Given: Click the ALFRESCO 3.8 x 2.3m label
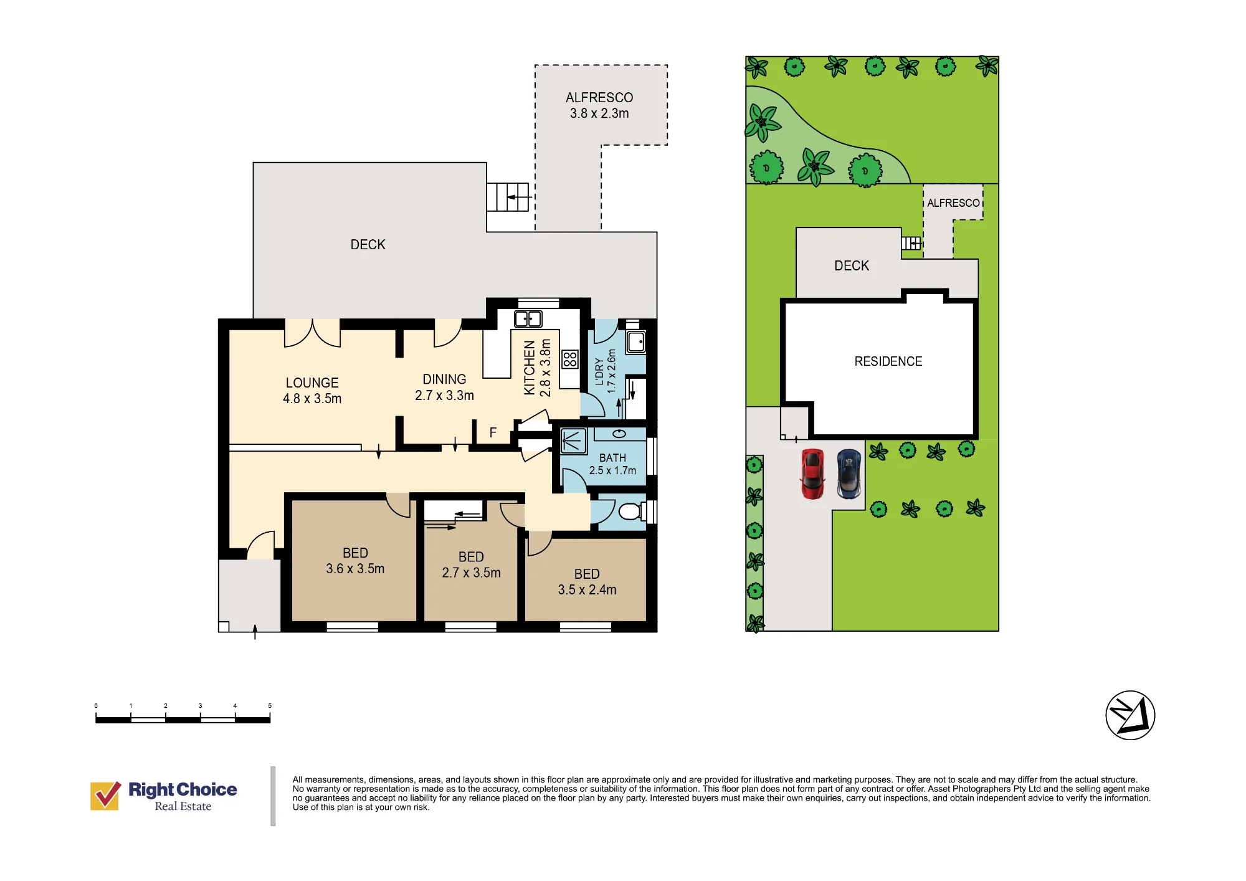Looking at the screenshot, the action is point(599,105).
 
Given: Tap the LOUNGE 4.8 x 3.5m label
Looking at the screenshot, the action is point(312,391).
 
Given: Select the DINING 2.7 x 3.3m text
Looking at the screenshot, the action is point(444,387).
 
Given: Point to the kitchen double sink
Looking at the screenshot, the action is point(528,319).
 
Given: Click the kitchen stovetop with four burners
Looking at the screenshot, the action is point(570,359).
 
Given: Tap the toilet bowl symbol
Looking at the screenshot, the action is point(630,512).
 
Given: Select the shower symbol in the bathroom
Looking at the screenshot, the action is point(573,441).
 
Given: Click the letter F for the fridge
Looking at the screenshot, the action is point(493,432).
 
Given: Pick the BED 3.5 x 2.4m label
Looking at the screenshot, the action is point(587,582).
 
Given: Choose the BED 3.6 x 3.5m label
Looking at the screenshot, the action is point(355,561).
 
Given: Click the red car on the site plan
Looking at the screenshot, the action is point(812,474).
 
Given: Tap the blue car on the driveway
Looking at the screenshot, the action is point(849,474).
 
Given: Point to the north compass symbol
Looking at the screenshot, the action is point(1130,715).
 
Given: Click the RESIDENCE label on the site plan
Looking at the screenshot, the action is point(888,361).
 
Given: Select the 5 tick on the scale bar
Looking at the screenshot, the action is point(270,706).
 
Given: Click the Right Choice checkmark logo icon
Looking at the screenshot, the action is point(105,796).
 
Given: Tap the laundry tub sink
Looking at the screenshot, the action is point(636,342).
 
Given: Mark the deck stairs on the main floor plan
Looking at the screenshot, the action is point(508,197).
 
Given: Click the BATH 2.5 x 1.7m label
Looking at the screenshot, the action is point(612,464).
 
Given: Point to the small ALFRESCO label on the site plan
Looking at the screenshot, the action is point(953,203).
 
